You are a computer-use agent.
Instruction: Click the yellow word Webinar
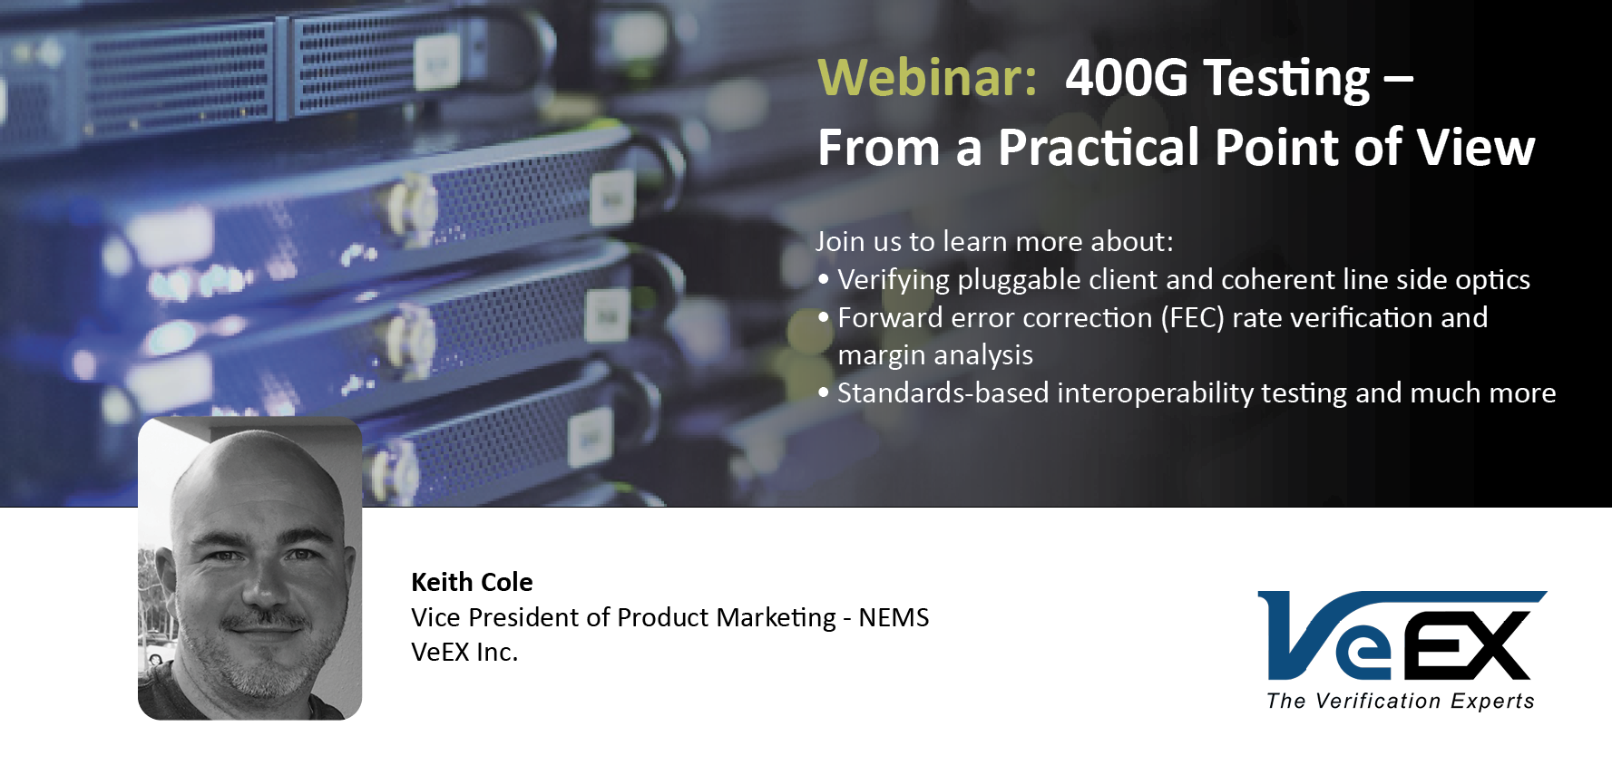click(927, 77)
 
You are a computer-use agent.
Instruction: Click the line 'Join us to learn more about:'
click(994, 241)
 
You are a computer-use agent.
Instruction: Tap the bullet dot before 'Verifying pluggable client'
click(824, 279)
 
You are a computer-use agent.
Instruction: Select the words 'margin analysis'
click(935, 355)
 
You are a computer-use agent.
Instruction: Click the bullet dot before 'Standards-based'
click(824, 392)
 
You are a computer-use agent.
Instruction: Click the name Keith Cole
click(472, 582)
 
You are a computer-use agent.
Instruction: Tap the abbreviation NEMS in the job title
click(894, 617)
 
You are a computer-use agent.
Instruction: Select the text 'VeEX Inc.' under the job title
click(464, 652)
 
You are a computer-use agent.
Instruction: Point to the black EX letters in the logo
click(1465, 645)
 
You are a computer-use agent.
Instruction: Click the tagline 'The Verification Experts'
click(1401, 701)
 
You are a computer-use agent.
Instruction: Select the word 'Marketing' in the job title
click(776, 618)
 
